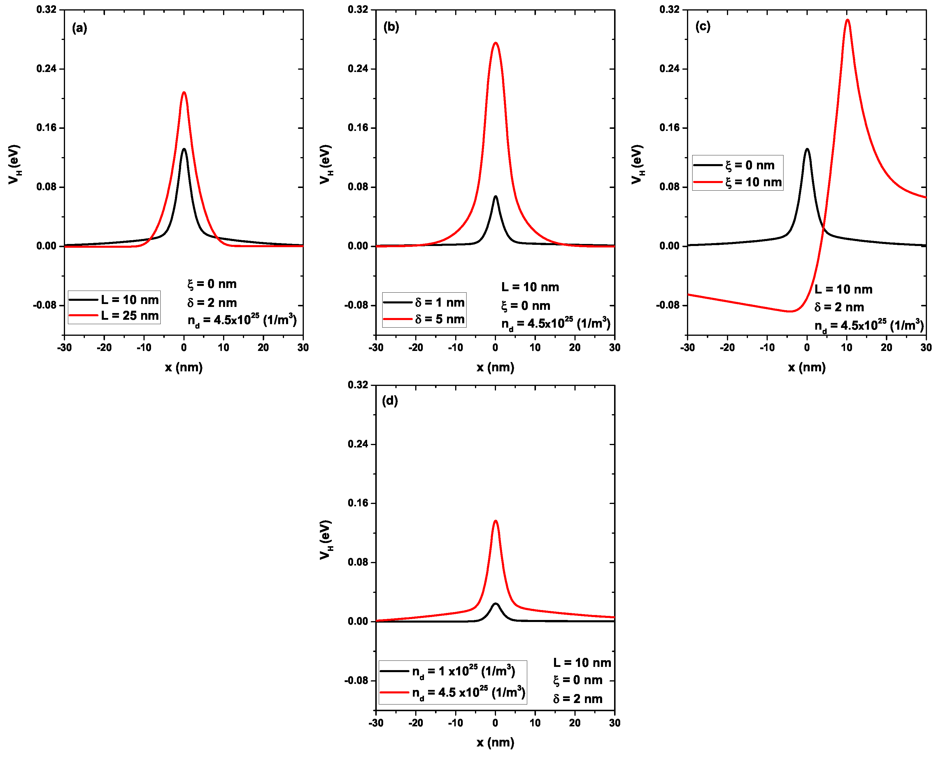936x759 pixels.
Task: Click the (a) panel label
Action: click(79, 29)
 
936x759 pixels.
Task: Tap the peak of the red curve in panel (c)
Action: click(847, 20)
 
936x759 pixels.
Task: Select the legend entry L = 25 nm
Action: click(129, 315)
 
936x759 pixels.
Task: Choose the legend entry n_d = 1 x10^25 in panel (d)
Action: click(463, 671)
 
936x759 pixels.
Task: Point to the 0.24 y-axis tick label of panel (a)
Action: click(46, 69)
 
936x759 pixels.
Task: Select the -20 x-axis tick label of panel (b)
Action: click(416, 347)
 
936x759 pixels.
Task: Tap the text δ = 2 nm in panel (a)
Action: click(212, 303)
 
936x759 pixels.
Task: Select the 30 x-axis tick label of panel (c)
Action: click(926, 347)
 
